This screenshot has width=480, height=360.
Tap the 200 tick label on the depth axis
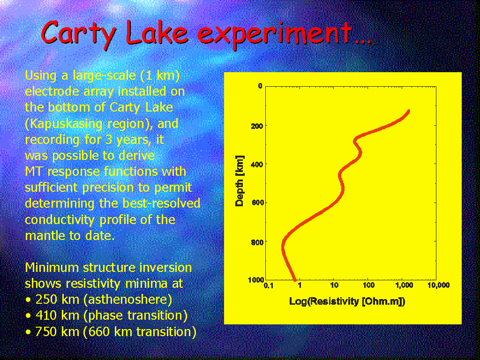click(257, 126)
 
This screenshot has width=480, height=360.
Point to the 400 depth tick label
click(257, 165)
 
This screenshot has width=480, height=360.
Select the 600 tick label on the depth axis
click(257, 203)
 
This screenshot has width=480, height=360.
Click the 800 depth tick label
click(257, 242)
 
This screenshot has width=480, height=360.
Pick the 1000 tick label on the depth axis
click(256, 279)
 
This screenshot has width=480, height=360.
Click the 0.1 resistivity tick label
click(269, 285)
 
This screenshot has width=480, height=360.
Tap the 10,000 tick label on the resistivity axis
click(438, 285)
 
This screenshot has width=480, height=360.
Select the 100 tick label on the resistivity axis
click(368, 285)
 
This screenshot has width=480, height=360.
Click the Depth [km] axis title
click(239, 180)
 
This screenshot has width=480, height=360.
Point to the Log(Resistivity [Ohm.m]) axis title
click(347, 301)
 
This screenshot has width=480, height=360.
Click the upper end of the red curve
click(408, 111)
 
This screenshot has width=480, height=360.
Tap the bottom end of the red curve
click(295, 279)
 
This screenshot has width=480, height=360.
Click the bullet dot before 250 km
click(29, 300)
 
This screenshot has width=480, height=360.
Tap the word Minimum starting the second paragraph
click(52, 268)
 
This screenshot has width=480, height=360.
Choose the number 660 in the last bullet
click(99, 332)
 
